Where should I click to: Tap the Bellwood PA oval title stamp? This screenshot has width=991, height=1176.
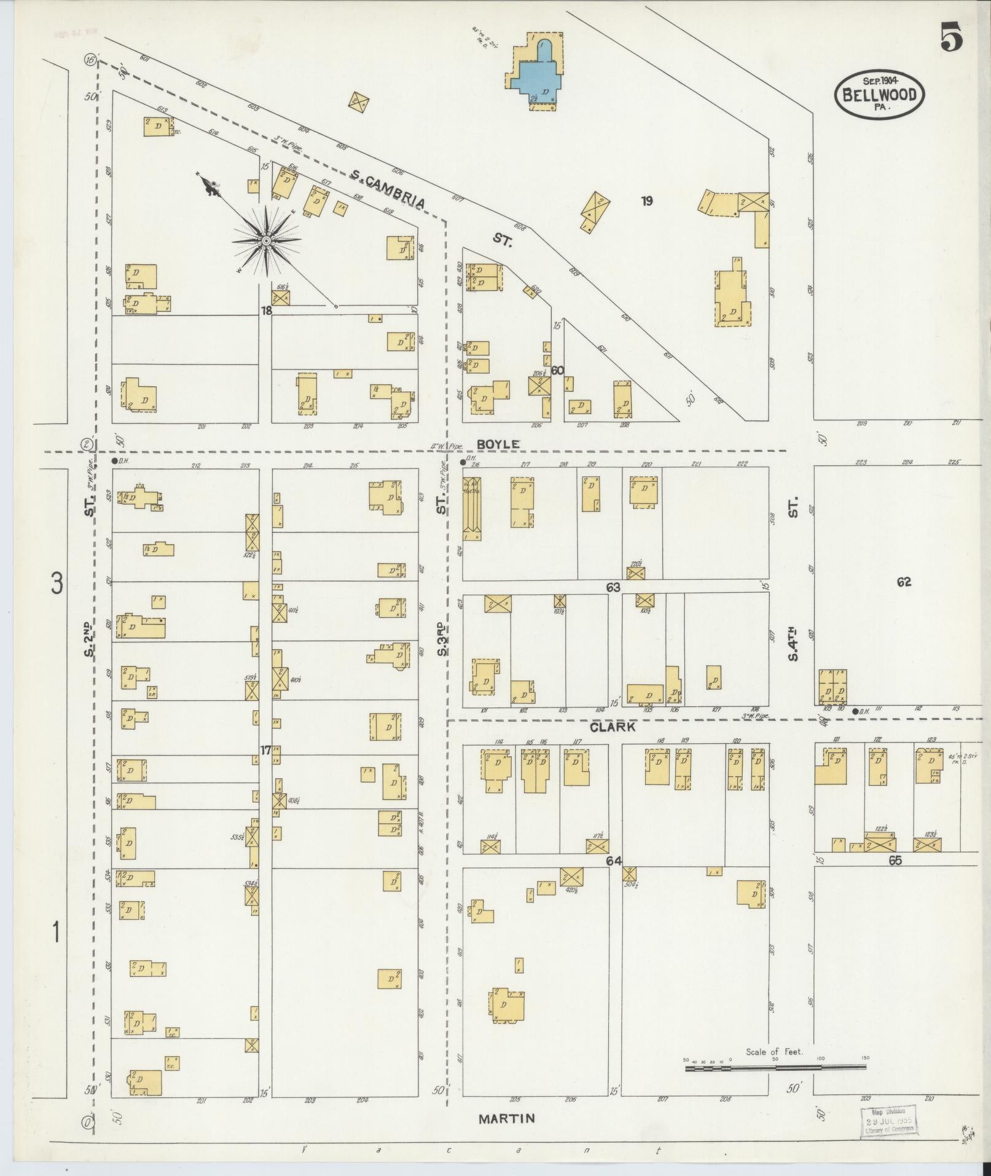(879, 94)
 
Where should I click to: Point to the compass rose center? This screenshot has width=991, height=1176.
(266, 240)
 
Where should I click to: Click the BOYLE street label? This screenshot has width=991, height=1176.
(498, 444)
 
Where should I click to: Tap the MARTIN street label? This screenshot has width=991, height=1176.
(506, 1118)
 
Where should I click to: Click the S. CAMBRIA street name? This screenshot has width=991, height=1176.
(388, 191)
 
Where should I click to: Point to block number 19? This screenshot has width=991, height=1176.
(646, 200)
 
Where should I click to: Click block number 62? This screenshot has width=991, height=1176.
(903, 582)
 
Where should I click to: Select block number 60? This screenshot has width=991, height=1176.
(557, 371)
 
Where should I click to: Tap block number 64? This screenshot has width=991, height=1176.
(614, 861)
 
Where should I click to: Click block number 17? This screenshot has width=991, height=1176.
(265, 751)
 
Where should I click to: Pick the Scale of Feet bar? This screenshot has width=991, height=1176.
(775, 1068)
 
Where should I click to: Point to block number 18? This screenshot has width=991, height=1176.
(265, 311)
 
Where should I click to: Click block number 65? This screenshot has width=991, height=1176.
(894, 861)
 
